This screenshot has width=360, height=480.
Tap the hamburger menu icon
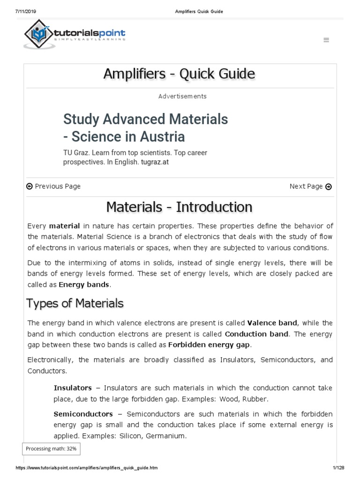(326, 40)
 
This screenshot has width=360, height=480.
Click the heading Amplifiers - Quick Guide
(180, 74)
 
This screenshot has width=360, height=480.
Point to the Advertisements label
(182, 96)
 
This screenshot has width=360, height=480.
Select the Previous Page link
(53, 186)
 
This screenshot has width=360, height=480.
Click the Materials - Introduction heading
(180, 207)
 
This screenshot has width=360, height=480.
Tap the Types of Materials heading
(75, 303)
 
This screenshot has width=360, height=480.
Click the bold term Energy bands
(84, 285)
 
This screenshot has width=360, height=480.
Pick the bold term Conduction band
(257, 334)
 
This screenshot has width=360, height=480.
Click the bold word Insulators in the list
(73, 388)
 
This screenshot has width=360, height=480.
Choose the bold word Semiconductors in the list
(83, 414)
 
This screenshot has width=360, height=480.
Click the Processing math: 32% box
(51, 449)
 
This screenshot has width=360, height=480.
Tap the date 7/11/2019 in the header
(20, 11)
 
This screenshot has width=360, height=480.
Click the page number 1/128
(338, 468)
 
